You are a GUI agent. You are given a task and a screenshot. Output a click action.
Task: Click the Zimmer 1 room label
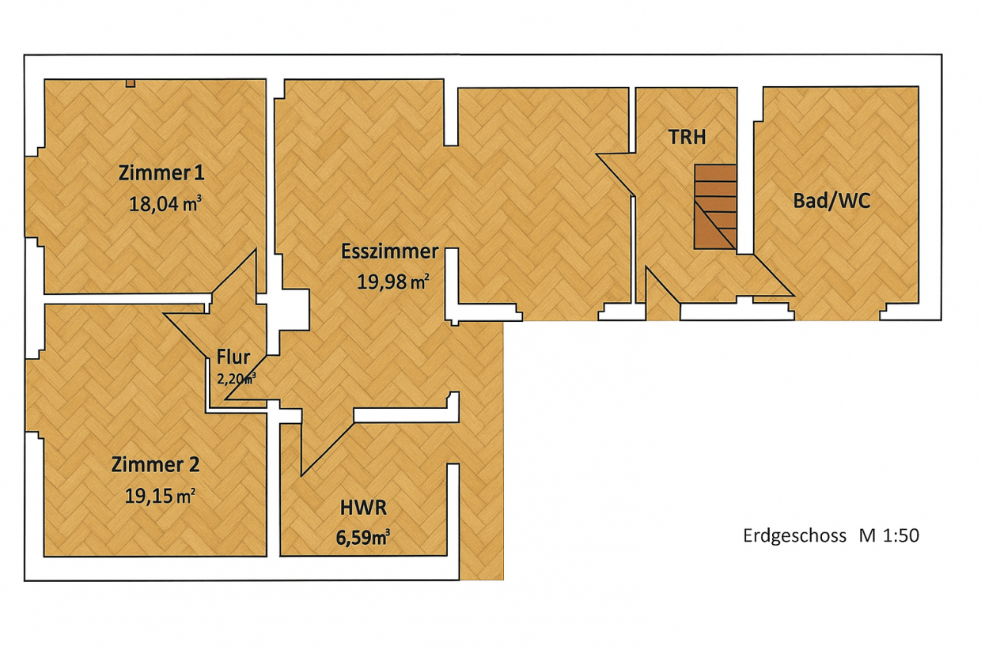161,173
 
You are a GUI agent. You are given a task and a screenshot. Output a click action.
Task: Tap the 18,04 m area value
165,204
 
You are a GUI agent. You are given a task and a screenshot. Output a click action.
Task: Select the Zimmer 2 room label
156,464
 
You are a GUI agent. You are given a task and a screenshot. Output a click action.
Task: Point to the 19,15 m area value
160,496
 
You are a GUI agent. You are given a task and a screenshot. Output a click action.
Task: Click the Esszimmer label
390,251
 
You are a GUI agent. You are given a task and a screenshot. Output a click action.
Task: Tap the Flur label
233,357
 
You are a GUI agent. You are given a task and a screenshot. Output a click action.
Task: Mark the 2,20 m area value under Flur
236,378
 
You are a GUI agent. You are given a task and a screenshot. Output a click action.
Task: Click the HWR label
363,508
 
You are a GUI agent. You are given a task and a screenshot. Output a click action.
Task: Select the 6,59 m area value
363,538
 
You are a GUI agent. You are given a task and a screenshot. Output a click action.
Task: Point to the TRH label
687,137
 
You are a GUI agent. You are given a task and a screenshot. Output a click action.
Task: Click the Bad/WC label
831,201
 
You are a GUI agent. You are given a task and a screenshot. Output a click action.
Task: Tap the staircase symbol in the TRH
715,207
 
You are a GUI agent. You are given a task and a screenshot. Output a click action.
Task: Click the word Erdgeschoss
794,536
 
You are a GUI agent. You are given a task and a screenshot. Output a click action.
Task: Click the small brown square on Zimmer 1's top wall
131,83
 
